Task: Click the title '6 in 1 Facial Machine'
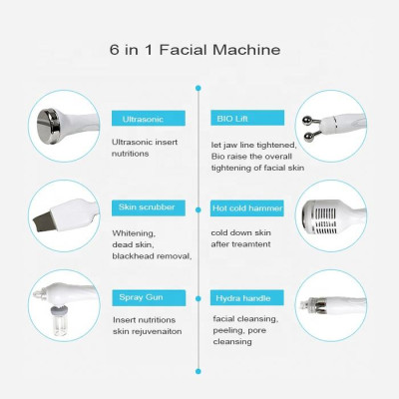(199, 49)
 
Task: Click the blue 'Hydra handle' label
(242, 297)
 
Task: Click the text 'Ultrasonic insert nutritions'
(147, 149)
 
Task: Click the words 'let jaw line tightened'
(255, 142)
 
